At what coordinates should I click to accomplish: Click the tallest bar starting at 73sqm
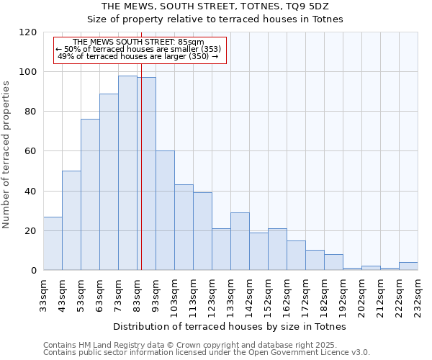(x=127, y=173)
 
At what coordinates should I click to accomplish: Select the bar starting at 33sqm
(x=53, y=243)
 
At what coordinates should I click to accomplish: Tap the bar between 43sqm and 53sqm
(x=71, y=220)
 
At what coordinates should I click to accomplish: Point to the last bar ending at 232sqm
(x=408, y=266)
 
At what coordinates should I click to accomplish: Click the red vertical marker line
(x=141, y=180)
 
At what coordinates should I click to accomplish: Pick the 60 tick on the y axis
(x=31, y=151)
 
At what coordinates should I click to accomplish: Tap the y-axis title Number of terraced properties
(x=6, y=155)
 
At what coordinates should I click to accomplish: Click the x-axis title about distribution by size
(x=230, y=326)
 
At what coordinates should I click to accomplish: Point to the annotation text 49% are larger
(x=138, y=56)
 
